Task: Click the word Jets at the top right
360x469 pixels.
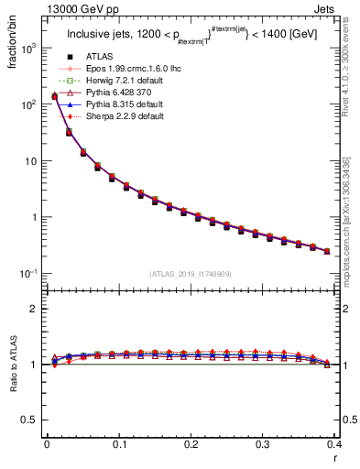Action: click(x=343, y=8)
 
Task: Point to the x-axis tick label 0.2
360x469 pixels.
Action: click(x=191, y=444)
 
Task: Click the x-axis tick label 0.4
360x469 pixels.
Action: click(x=334, y=444)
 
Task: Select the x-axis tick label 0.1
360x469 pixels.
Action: click(x=118, y=444)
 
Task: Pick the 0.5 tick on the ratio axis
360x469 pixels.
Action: click(x=33, y=420)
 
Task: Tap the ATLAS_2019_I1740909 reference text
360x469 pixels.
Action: click(x=191, y=274)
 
